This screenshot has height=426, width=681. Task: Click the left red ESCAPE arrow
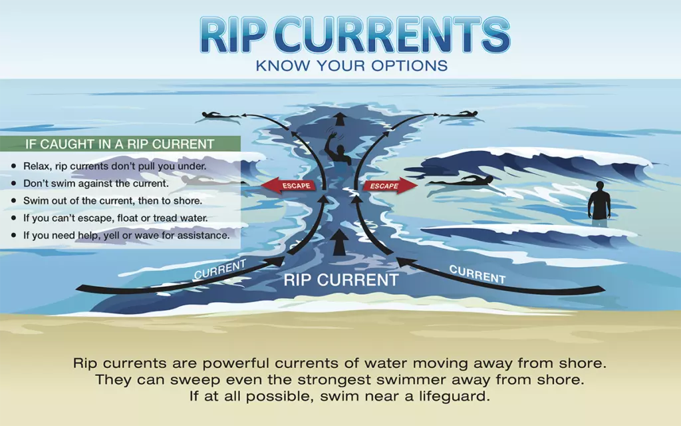(x=288, y=185)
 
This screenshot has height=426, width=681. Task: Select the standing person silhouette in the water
(x=599, y=202)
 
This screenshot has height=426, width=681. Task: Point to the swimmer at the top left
(x=219, y=115)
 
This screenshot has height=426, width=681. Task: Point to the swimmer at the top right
(x=460, y=114)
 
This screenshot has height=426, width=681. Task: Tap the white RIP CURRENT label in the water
(x=341, y=280)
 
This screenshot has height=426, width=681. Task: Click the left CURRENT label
(x=219, y=269)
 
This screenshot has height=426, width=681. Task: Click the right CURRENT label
(x=477, y=274)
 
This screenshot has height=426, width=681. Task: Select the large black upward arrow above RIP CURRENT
(x=340, y=242)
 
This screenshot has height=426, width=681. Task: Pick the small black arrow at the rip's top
(x=340, y=118)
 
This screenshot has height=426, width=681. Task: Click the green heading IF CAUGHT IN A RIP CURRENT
(x=120, y=144)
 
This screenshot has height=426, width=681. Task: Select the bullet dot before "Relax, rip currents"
(x=14, y=166)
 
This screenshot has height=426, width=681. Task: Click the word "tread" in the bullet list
(x=165, y=218)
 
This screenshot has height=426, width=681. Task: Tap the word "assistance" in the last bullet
(x=205, y=235)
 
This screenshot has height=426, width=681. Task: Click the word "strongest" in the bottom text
(x=329, y=380)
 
